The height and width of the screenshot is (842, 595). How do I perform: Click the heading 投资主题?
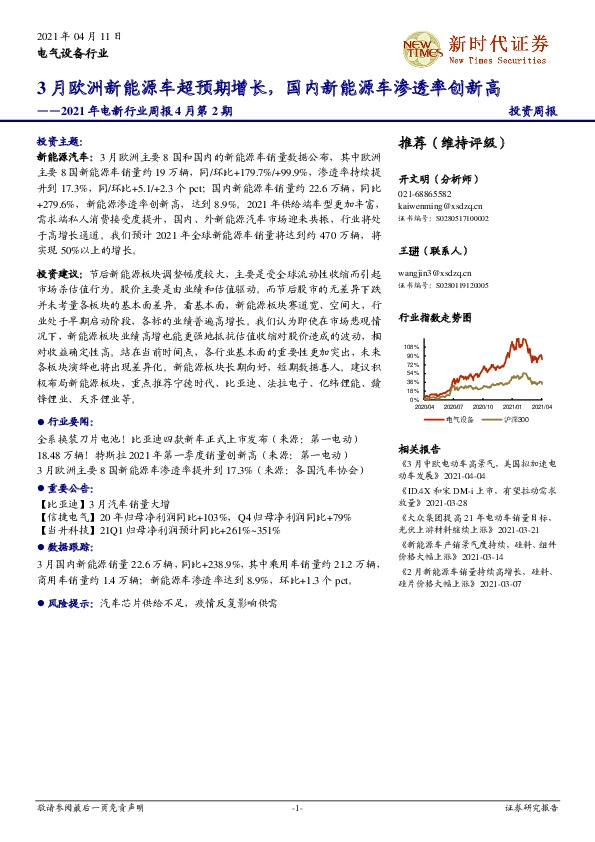58,142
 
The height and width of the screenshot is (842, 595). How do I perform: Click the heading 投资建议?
58,272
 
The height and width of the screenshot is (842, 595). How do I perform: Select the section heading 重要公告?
65,488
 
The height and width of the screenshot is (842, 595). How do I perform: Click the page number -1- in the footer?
297,807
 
